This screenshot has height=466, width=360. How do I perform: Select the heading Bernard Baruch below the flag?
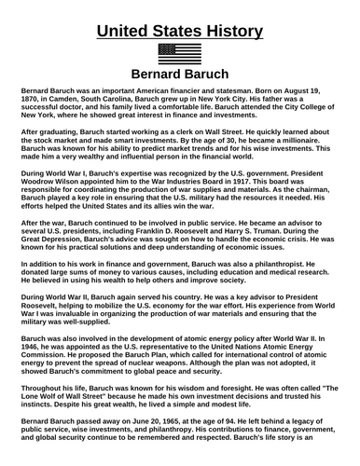179,75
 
